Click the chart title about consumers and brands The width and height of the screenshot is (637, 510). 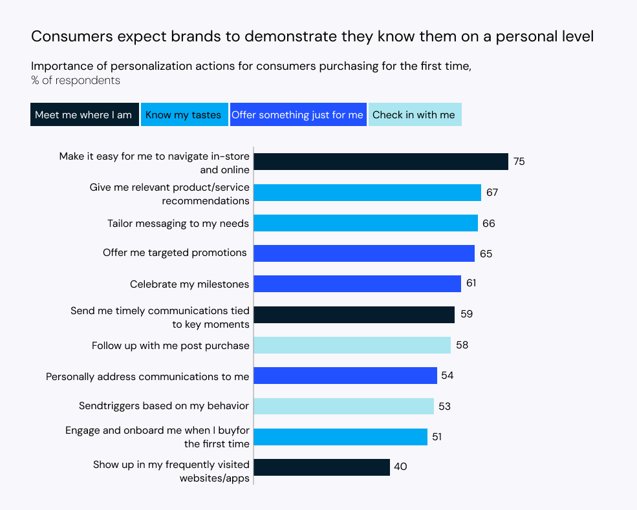pyautogui.click(x=312, y=37)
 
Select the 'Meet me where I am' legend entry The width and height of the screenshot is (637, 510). pyautogui.click(x=83, y=115)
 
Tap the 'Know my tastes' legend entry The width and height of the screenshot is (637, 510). pyautogui.click(x=184, y=115)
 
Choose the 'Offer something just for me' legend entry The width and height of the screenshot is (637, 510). pyautogui.click(x=297, y=115)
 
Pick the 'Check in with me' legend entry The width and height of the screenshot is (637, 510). pyautogui.click(x=414, y=115)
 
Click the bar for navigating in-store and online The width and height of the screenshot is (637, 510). pyautogui.click(x=380, y=162)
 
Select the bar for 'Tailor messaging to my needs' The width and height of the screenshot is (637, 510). pyautogui.click(x=365, y=223)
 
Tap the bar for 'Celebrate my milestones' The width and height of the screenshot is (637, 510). pyautogui.click(x=357, y=284)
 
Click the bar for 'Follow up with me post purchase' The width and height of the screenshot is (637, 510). pyautogui.click(x=352, y=345)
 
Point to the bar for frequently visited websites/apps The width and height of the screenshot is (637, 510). pyautogui.click(x=321, y=467)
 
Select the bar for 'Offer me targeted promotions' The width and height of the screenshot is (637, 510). pyautogui.click(x=363, y=253)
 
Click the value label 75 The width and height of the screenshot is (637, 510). pyautogui.click(x=519, y=162)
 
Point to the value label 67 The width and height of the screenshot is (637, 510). pyautogui.click(x=492, y=193)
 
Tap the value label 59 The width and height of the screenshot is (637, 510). pyautogui.click(x=466, y=315)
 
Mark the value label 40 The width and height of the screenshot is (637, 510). pyautogui.click(x=400, y=467)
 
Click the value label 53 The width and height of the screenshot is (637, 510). pyautogui.click(x=444, y=407)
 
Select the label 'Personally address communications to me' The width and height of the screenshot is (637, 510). pyautogui.click(x=147, y=376)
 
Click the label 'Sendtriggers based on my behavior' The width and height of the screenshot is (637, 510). pyautogui.click(x=164, y=406)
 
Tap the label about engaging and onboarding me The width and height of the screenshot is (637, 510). pyautogui.click(x=157, y=437)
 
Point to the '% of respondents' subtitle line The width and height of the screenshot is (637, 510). pyautogui.click(x=76, y=81)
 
